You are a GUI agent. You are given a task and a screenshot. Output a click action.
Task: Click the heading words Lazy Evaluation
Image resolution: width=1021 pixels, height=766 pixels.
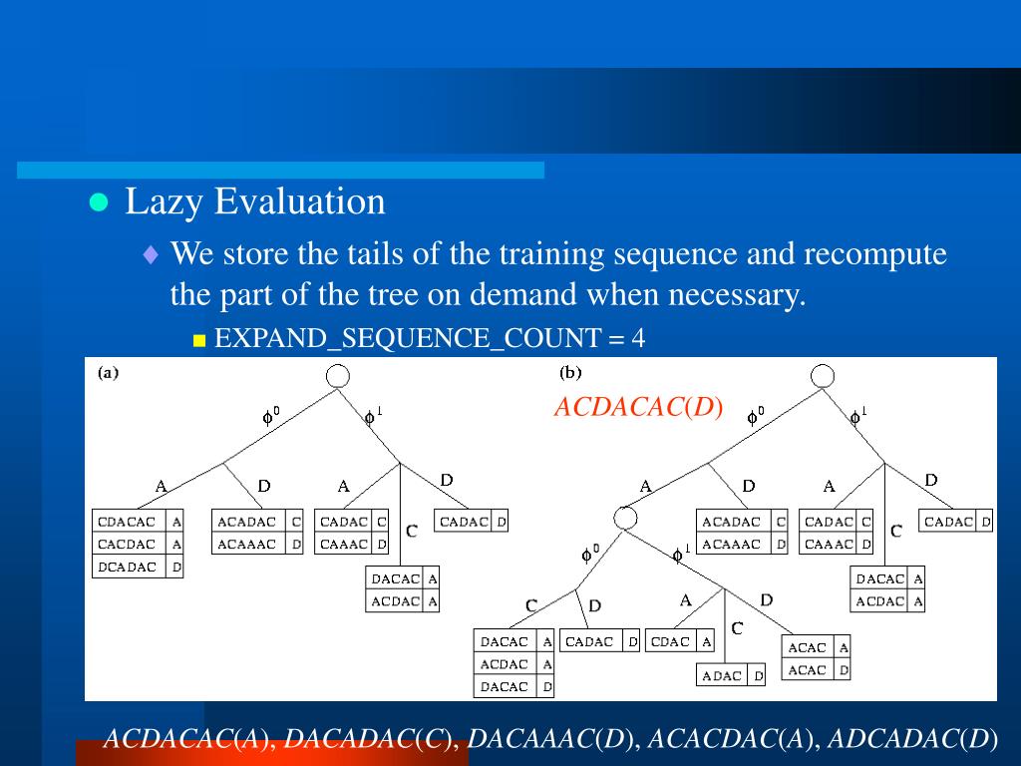254,201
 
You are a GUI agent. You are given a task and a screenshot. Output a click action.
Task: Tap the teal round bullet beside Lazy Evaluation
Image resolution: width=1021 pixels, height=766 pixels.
99,202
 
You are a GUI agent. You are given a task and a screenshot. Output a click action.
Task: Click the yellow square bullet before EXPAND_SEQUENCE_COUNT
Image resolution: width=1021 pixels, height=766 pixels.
199,340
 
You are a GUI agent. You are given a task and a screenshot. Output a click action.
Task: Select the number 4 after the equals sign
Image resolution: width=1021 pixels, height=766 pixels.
638,338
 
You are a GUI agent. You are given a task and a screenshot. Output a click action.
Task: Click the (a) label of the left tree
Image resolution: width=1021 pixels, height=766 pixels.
108,373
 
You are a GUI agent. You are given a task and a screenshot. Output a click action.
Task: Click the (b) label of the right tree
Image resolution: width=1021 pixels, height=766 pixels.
570,373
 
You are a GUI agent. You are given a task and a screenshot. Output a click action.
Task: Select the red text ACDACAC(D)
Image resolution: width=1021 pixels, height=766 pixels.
638,407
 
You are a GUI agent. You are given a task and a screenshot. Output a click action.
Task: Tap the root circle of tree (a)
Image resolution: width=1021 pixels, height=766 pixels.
337,376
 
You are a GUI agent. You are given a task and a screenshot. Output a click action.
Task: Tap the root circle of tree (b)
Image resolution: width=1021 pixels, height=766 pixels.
823,376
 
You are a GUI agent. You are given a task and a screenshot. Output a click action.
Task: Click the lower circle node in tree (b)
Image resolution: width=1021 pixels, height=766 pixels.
625,519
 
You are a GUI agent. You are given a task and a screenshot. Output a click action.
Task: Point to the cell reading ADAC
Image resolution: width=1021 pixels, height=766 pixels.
722,675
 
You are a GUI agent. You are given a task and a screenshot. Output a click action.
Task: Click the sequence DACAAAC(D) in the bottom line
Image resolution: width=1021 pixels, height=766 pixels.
549,739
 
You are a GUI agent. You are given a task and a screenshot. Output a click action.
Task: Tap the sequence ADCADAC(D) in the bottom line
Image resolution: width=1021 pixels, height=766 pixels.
913,739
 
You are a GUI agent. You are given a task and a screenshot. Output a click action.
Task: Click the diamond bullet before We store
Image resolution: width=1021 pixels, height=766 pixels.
152,254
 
